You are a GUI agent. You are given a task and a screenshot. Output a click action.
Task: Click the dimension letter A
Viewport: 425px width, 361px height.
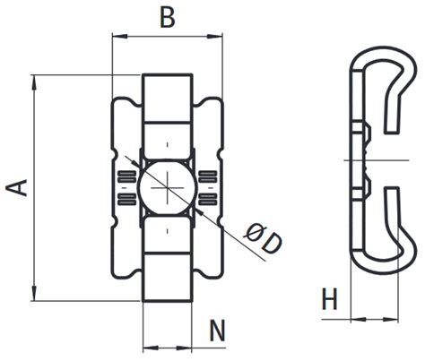tap(17, 187)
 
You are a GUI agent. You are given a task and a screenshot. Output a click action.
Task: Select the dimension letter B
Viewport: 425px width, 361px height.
tap(167, 18)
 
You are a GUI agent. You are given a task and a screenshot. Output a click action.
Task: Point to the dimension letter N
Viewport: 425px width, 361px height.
tap(216, 331)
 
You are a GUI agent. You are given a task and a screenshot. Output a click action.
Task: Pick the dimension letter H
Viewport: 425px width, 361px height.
tap(329, 299)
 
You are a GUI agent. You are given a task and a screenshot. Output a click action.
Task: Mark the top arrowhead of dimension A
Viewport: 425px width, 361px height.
tap(33, 80)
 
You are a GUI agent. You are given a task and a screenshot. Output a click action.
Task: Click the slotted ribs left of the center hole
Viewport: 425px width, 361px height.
tap(126, 187)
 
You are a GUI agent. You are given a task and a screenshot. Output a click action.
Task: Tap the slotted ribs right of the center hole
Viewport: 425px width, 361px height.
tap(207, 187)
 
